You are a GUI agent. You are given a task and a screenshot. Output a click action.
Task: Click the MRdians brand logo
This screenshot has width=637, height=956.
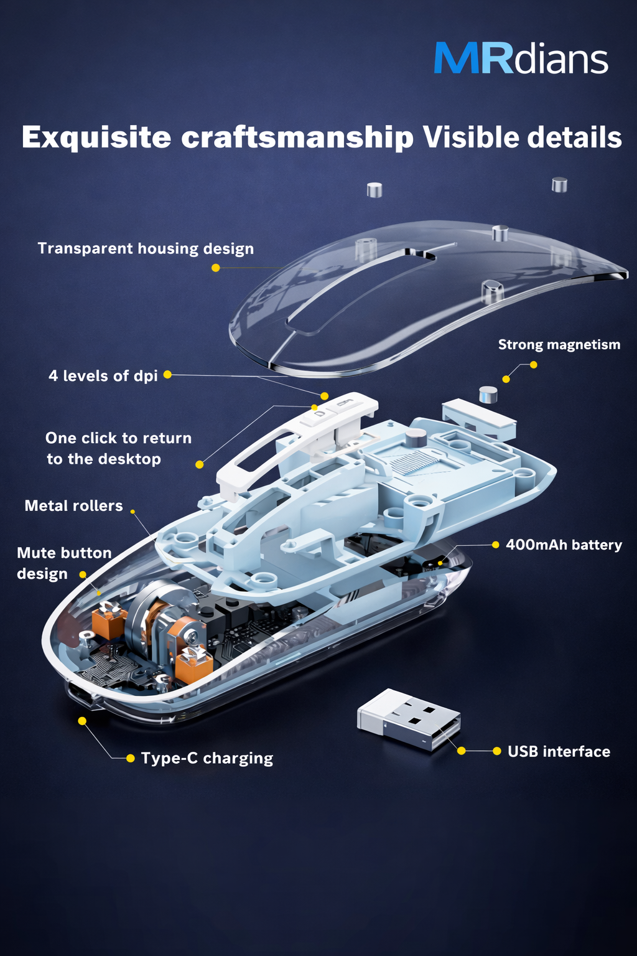click(x=521, y=58)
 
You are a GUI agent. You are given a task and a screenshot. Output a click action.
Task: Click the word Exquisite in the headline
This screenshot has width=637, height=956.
click(x=96, y=138)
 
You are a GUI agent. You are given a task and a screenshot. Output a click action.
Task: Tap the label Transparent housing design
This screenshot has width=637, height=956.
click(x=146, y=248)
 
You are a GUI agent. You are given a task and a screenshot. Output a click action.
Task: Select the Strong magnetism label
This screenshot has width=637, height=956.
click(x=559, y=344)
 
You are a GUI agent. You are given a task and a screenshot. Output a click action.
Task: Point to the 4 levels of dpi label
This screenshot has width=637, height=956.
click(x=103, y=375)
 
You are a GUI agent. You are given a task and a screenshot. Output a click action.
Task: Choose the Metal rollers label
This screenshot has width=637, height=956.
click(x=74, y=506)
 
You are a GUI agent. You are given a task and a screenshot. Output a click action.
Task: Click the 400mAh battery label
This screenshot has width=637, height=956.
click(x=564, y=545)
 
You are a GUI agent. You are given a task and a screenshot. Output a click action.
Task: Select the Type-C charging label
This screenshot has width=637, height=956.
click(x=207, y=759)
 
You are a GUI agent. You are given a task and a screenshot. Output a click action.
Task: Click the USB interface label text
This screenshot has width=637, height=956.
click(x=559, y=752)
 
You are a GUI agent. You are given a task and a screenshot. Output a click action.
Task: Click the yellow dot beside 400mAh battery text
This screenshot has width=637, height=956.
click(x=495, y=545)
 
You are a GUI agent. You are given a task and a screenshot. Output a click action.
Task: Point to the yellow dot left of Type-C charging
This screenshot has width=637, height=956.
click(x=131, y=759)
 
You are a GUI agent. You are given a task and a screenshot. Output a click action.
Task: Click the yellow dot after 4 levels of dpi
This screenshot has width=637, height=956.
click(x=168, y=374)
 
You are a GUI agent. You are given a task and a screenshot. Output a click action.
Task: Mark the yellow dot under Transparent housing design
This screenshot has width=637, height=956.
click(x=216, y=268)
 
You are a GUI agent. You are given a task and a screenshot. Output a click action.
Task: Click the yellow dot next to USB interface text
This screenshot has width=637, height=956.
click(x=496, y=751)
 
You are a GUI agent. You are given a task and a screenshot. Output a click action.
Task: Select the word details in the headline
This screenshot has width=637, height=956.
click(x=575, y=138)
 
